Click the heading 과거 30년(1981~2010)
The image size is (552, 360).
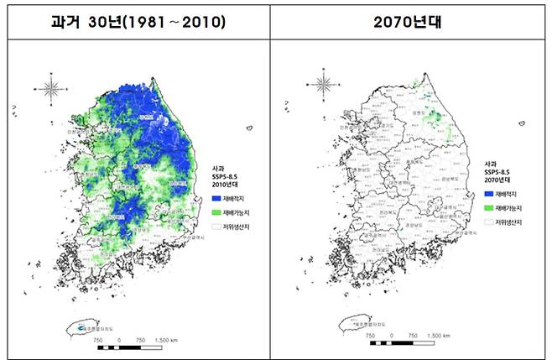(x=138, y=18)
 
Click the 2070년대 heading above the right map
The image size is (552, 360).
(x=410, y=18)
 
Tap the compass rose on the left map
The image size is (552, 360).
(x=49, y=86)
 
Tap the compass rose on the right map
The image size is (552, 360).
(x=324, y=84)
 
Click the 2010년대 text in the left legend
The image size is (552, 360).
(x=225, y=185)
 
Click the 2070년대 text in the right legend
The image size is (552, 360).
(x=498, y=178)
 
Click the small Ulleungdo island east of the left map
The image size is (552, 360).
(x=249, y=128)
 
